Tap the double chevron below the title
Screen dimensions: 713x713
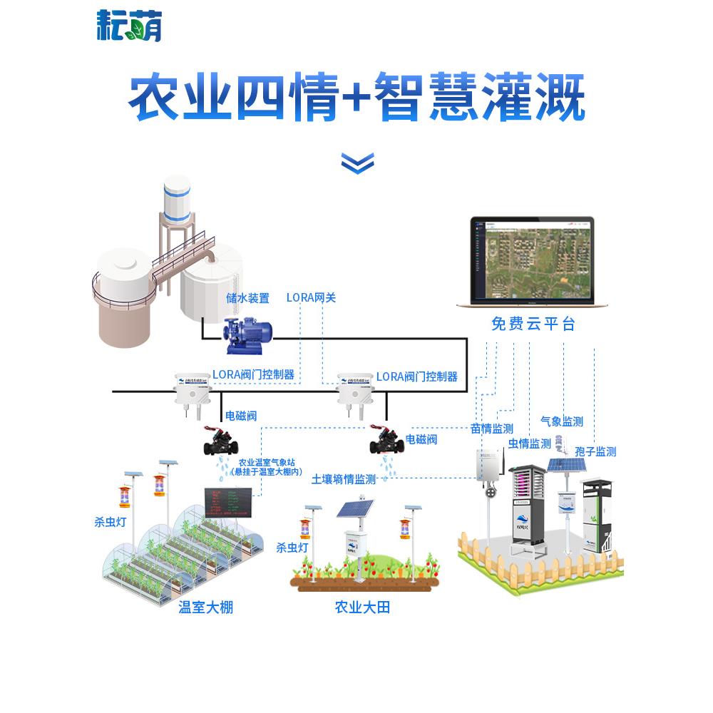pos(356,163)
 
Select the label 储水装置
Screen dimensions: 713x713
pos(247,298)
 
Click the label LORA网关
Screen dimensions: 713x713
pos(311,298)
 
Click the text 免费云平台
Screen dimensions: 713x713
pos(533,324)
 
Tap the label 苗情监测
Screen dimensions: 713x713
pos(492,429)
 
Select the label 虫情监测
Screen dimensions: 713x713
pos(529,443)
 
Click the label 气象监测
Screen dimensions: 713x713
pos(562,421)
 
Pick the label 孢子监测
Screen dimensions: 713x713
pos(595,451)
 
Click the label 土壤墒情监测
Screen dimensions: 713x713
pos(344,480)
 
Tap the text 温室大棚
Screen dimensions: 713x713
pos(205,607)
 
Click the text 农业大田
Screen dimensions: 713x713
pos(362,607)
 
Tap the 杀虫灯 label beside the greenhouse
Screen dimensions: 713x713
pos(110,522)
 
